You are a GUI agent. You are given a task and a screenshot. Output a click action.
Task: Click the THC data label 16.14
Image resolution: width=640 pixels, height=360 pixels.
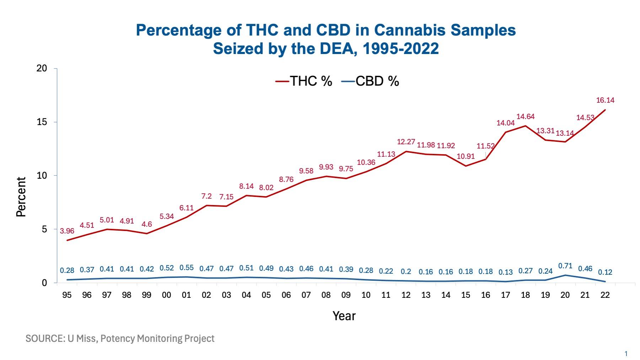(x=605, y=100)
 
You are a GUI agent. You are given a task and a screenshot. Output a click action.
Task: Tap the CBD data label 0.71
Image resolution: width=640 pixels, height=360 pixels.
(x=565, y=266)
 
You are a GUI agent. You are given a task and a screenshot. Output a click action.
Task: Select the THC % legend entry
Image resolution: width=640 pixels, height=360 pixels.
(x=304, y=81)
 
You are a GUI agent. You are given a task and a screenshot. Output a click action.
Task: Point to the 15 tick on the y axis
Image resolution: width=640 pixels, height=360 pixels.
(x=42, y=122)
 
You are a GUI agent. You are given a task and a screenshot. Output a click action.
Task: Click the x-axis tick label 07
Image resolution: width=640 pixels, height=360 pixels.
(x=306, y=295)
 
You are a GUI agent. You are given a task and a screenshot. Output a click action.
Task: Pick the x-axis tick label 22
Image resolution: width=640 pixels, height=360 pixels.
(x=605, y=295)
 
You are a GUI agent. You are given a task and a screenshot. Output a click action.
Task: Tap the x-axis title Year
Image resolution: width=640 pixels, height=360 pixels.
(x=344, y=316)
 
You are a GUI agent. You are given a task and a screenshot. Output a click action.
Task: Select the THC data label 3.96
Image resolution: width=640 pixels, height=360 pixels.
(x=67, y=231)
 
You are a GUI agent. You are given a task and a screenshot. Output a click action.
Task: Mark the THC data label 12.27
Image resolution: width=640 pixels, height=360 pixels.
(x=406, y=142)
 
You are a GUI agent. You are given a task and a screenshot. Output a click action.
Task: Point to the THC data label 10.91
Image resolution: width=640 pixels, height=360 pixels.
(x=466, y=156)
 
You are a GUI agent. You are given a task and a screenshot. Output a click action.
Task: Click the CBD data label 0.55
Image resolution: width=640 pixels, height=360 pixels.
(x=186, y=268)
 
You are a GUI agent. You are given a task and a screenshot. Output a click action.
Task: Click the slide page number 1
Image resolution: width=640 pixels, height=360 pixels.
(x=626, y=354)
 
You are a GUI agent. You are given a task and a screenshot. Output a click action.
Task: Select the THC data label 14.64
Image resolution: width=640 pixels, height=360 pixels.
(x=525, y=117)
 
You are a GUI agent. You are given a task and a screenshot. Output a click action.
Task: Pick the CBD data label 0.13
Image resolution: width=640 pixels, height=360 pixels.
(x=505, y=272)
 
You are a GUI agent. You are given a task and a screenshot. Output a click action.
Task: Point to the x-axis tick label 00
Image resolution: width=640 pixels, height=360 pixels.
(x=166, y=295)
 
